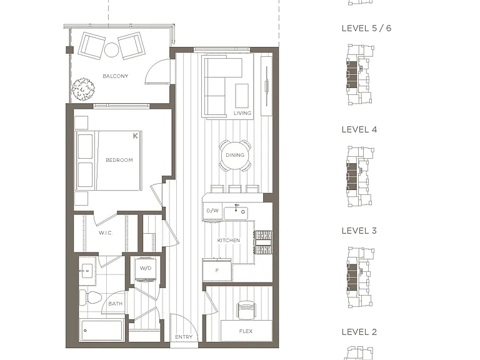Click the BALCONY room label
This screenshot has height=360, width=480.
coord(116,76)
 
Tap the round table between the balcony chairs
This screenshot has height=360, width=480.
coord(111,49)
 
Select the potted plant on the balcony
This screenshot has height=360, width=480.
coord(83,89)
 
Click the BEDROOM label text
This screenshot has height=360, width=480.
coord(119,160)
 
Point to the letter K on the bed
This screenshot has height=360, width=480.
coord(136,136)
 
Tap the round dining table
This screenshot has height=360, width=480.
coord(235,155)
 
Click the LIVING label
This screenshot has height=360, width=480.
coord(242,113)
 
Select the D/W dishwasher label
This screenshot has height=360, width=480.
coord(212,211)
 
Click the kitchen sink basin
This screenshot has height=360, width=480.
coord(236,213)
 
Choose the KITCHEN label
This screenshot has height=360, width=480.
coord(229,240)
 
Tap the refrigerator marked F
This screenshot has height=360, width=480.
coord(217,270)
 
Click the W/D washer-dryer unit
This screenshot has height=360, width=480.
coord(146,269)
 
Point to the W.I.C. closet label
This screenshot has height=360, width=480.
coord(106,233)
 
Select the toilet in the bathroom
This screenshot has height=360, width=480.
coord(91,297)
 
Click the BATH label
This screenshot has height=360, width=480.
coord(116,304)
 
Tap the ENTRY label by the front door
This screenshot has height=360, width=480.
coord(184,337)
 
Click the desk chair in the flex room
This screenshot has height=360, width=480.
coord(246,310)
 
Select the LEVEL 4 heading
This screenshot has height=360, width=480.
coord(359,129)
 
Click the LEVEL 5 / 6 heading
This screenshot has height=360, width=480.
coord(366,28)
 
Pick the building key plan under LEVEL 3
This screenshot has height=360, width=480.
coord(360,277)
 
